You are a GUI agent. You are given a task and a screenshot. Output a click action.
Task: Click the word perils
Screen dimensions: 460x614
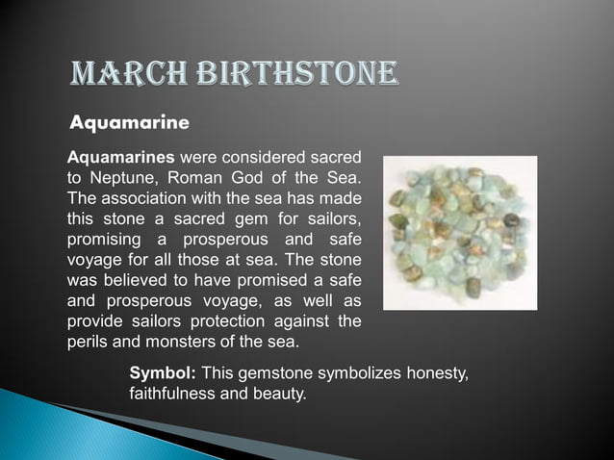tap(87, 341)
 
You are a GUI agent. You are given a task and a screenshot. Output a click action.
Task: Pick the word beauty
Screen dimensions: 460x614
tap(278, 394)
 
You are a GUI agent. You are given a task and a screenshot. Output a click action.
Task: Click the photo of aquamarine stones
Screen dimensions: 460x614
tap(460, 232)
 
